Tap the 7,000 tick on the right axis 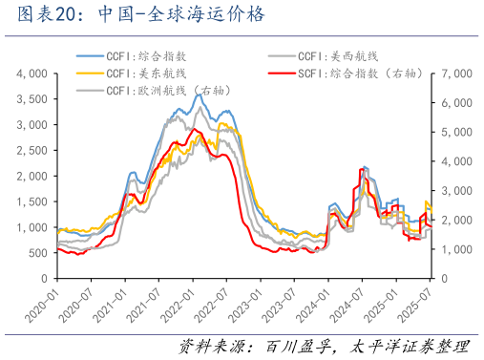452,74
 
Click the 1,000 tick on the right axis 452,250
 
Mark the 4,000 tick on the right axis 452,161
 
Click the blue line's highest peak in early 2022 198,94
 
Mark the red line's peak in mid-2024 362,168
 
